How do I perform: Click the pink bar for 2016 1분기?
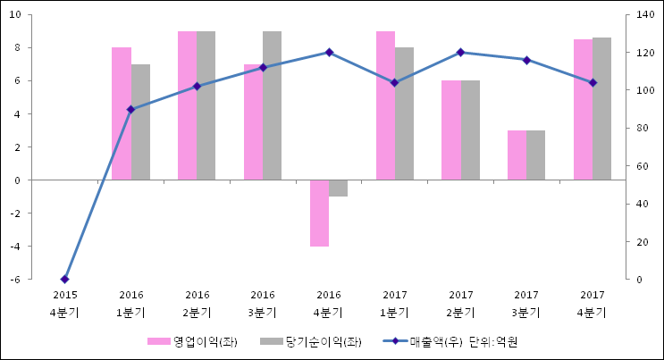(122, 113)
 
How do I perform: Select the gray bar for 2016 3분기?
(273, 105)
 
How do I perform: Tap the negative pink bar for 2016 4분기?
(319, 213)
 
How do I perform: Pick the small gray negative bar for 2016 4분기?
(338, 188)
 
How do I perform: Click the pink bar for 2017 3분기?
(517, 155)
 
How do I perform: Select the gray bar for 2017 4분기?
(601, 108)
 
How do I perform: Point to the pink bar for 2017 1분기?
(385, 105)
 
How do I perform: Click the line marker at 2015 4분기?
(64, 280)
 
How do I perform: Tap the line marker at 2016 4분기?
(329, 53)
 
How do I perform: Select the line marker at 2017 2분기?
(460, 53)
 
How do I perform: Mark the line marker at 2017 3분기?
(526, 60)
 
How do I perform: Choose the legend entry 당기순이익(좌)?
(310, 341)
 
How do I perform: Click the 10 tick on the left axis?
(17, 15)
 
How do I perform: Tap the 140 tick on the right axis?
(643, 15)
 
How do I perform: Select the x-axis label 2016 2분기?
(197, 303)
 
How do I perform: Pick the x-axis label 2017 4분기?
(592, 303)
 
